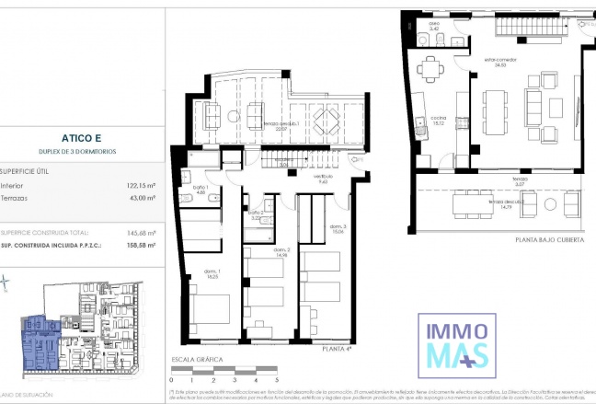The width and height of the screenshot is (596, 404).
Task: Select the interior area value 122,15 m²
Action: (x=139, y=185)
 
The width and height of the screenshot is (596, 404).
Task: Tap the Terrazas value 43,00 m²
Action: (x=140, y=199)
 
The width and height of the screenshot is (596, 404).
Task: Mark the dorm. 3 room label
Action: (x=338, y=230)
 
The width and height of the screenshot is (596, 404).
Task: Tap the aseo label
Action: (x=434, y=26)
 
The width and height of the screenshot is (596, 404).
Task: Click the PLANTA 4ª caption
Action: (x=338, y=349)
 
